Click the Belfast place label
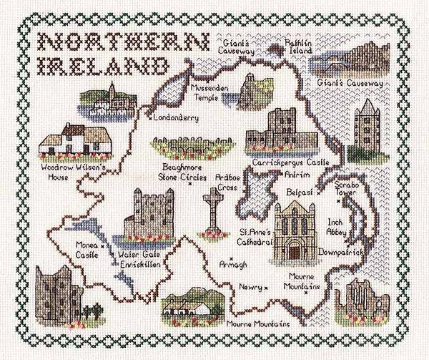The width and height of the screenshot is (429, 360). pyautogui.click(x=299, y=193)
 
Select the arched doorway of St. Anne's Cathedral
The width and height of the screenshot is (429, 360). pyautogui.click(x=295, y=249)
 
